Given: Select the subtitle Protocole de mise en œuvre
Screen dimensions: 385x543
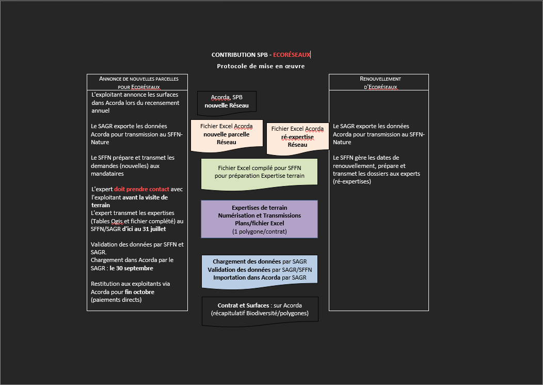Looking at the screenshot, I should pyautogui.click(x=261, y=66).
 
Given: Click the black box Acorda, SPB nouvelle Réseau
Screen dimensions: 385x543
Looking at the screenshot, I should pyautogui.click(x=227, y=101).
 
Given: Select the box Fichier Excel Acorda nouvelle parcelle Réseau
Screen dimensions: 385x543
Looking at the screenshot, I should pyautogui.click(x=227, y=134).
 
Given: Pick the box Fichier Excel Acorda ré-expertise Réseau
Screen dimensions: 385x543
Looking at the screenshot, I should pyautogui.click(x=297, y=137).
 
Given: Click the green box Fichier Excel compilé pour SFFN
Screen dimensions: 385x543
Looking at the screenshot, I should pyautogui.click(x=259, y=172).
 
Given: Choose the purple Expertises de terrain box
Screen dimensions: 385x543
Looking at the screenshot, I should pyautogui.click(x=259, y=219).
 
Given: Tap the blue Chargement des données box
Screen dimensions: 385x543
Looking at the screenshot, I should pyautogui.click(x=259, y=270).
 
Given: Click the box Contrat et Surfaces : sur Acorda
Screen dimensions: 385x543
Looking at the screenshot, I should pyautogui.click(x=260, y=310).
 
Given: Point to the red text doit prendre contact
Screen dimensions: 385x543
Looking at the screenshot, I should pyautogui.click(x=141, y=189).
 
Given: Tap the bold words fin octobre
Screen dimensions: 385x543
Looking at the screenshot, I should pyautogui.click(x=139, y=292).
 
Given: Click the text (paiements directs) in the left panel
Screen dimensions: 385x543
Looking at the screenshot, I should pyautogui.click(x=116, y=300).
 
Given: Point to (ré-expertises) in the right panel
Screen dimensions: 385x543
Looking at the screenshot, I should pyautogui.click(x=352, y=182).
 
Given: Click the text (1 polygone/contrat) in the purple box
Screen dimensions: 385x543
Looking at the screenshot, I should pyautogui.click(x=259, y=232).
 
